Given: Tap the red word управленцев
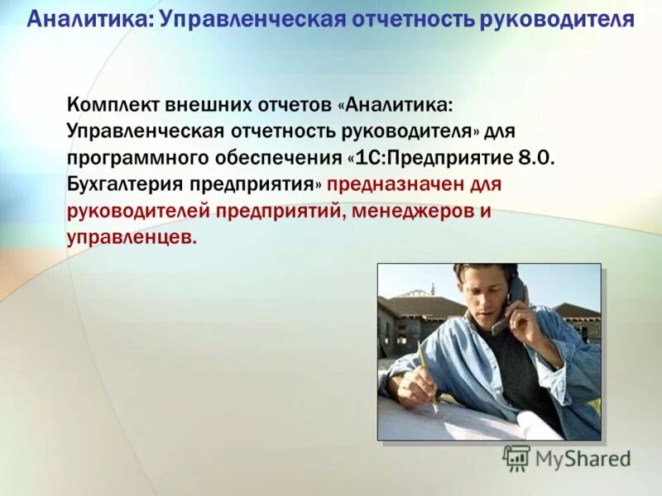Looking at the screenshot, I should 132,238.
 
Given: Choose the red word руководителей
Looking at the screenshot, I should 140,212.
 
